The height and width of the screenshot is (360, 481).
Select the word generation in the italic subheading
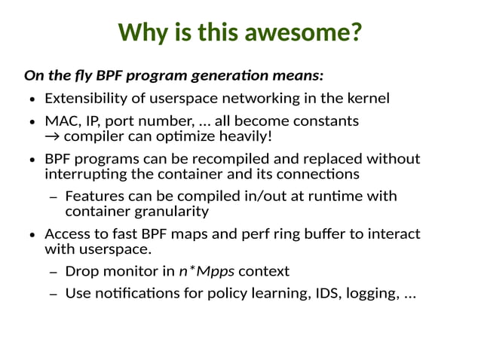coord(254,76)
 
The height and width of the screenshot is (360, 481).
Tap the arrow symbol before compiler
coord(53,136)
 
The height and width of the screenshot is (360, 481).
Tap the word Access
coord(67,234)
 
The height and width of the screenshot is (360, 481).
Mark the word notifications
coord(133,293)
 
